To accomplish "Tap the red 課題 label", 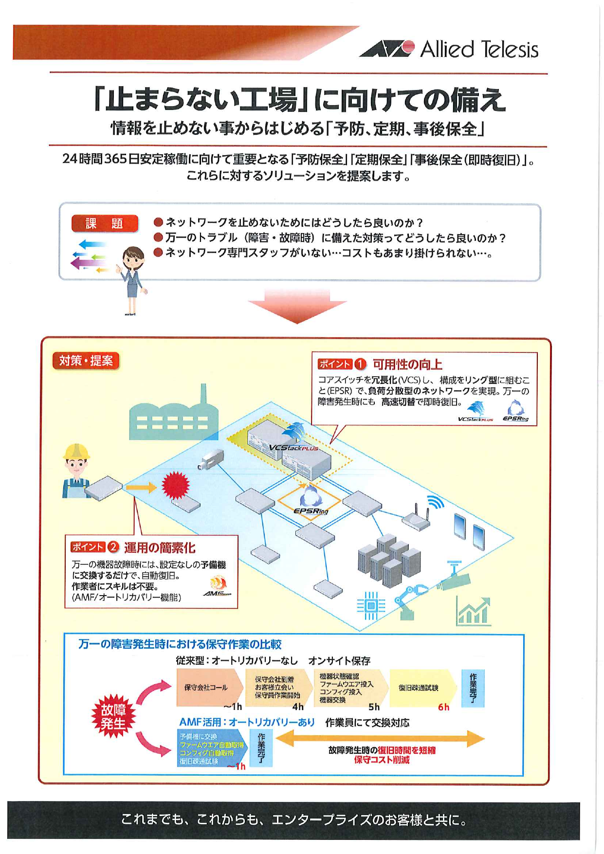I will [105, 223].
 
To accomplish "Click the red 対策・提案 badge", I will [86, 361].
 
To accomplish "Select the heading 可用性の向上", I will [407, 364].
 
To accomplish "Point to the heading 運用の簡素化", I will [160, 547].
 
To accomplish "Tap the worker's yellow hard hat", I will [76, 452].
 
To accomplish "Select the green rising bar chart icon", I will [473, 613].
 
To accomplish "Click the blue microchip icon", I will [371, 605].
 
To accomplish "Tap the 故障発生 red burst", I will [113, 716].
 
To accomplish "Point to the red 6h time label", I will [443, 707].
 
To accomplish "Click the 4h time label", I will [298, 707].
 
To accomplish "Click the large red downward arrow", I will [297, 307].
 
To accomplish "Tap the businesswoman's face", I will [132, 260].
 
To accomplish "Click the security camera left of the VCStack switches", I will [211, 459].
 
